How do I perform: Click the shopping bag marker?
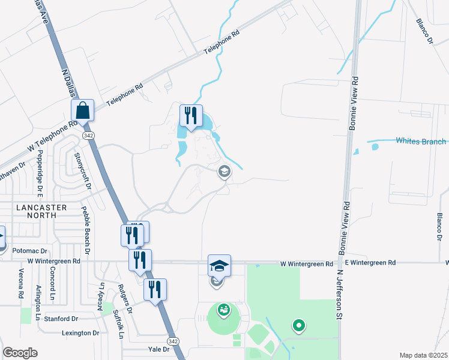pos(83,110)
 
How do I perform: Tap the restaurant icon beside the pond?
pos(191,116)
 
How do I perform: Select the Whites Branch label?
pos(421,141)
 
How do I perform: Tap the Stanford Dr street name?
pos(61,319)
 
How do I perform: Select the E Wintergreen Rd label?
pos(370,263)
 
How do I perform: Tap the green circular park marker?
pos(298,326)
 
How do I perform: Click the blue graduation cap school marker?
pos(219,265)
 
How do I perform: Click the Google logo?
pos(20,353)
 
